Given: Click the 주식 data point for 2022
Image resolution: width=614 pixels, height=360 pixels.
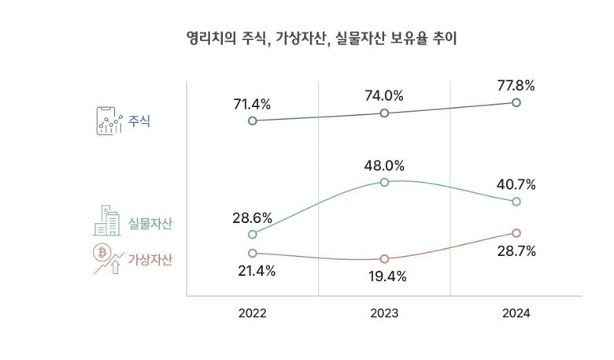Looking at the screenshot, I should pyautogui.click(x=252, y=121).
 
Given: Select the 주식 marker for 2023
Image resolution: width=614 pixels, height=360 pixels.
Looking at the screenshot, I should pyautogui.click(x=384, y=113).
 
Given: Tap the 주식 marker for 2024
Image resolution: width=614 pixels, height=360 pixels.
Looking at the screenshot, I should pyautogui.click(x=516, y=102).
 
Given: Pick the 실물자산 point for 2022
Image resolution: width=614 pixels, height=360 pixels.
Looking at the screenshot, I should pyautogui.click(x=252, y=235).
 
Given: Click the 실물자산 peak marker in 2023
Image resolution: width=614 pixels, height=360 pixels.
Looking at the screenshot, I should pyautogui.click(x=384, y=182).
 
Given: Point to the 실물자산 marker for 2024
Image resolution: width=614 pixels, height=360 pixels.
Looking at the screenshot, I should pyautogui.click(x=516, y=202).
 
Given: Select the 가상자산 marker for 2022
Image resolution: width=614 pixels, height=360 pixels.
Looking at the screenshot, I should pyautogui.click(x=252, y=253).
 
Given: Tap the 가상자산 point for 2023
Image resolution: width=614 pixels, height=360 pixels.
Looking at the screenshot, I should pyautogui.click(x=384, y=259).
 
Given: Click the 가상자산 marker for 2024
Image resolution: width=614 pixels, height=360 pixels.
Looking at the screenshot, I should pyautogui.click(x=516, y=233).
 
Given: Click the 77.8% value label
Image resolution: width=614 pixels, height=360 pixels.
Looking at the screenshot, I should pyautogui.click(x=516, y=84).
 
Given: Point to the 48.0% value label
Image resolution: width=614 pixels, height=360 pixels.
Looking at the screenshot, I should pyautogui.click(x=384, y=165).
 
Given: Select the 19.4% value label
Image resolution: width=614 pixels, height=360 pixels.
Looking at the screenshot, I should pyautogui.click(x=384, y=276).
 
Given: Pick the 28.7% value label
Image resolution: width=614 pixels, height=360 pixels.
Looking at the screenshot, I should pyautogui.click(x=516, y=251).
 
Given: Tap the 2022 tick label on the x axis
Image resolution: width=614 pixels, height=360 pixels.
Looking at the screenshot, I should pyautogui.click(x=252, y=313).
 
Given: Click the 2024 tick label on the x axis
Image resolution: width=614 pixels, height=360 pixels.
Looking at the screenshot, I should pyautogui.click(x=516, y=313).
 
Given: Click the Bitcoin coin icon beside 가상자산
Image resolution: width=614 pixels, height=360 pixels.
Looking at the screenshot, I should pyautogui.click(x=101, y=252).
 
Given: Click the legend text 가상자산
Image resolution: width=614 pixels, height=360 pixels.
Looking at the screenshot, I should pyautogui.click(x=150, y=259).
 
